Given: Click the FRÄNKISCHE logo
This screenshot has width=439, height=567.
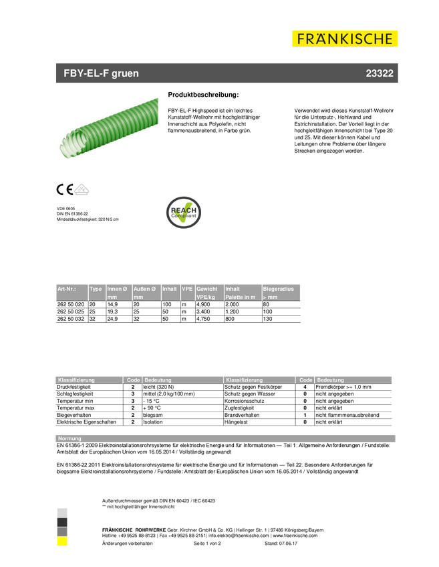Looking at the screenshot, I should pyautogui.click(x=345, y=39).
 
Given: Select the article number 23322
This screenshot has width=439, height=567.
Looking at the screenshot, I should pyautogui.click(x=379, y=73).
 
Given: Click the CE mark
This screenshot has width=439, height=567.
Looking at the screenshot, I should pyautogui.click(x=64, y=189).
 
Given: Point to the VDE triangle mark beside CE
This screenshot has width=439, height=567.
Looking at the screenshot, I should pyautogui.click(x=82, y=189).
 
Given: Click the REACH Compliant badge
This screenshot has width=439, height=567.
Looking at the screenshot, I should pyautogui.click(x=184, y=212).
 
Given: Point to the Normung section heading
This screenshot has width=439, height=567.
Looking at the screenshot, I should pyautogui.click(x=70, y=438).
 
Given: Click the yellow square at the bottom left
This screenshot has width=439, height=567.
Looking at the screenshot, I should pyautogui.click(x=62, y=542).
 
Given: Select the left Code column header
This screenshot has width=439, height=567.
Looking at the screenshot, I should pyautogui.click(x=133, y=380).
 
